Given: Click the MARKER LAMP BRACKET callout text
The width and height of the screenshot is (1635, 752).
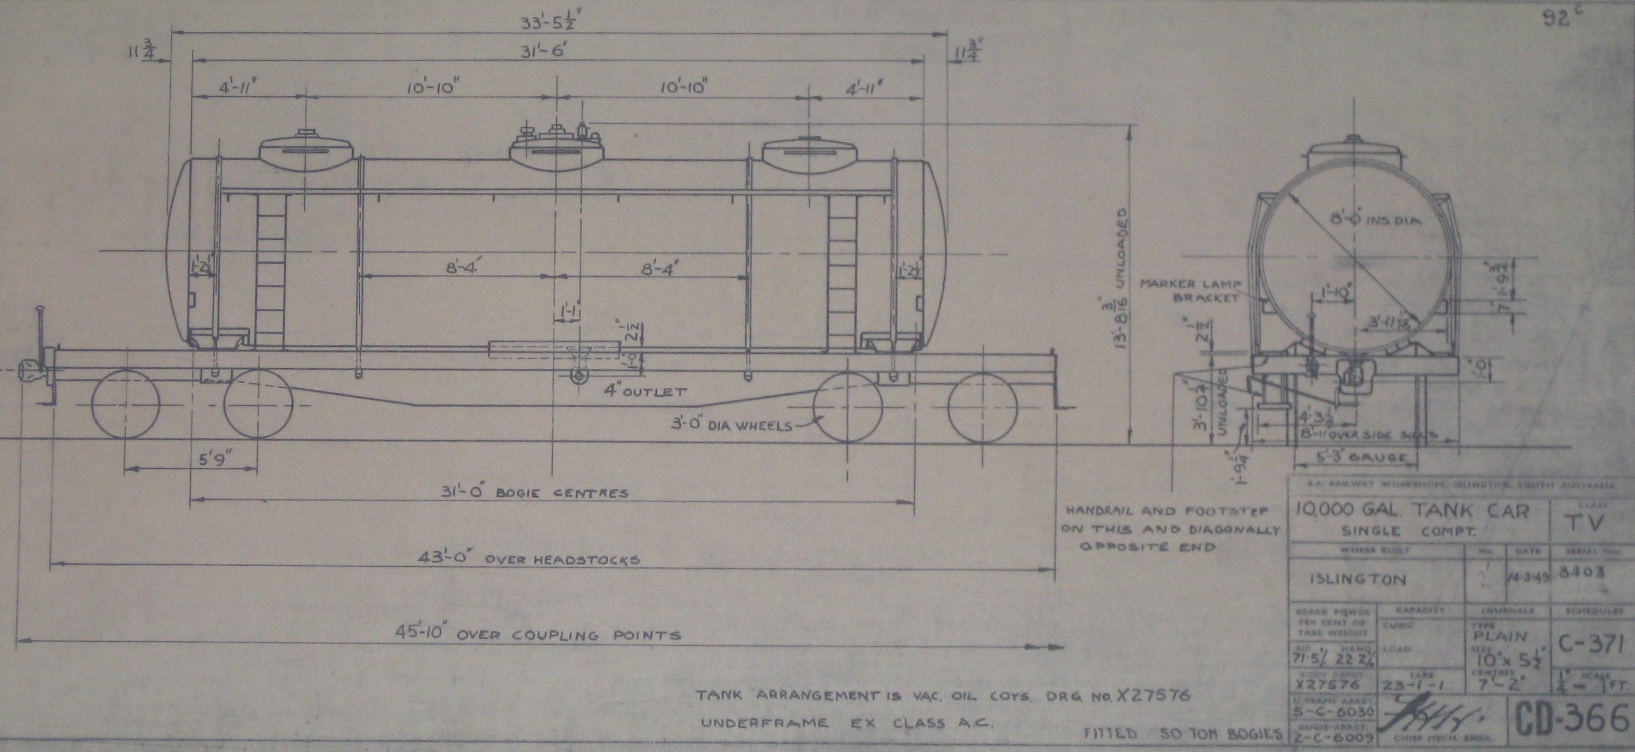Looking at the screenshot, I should (1190, 291).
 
